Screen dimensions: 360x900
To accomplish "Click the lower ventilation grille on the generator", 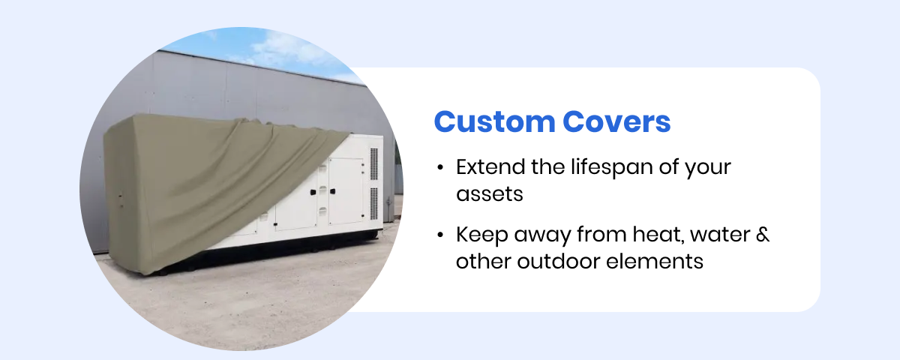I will tap(373, 203).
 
